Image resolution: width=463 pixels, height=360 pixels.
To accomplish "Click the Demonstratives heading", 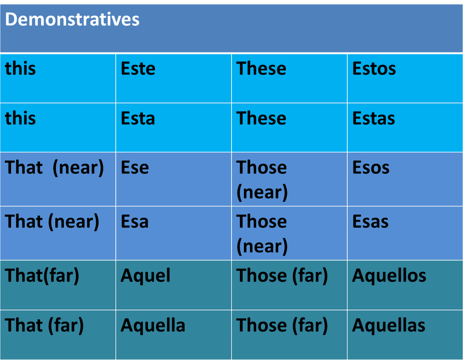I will pyautogui.click(x=72, y=19).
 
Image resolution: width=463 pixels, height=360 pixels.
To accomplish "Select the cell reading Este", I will pyautogui.click(x=138, y=69).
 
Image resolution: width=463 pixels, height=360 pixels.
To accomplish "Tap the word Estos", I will pyautogui.click(x=374, y=69).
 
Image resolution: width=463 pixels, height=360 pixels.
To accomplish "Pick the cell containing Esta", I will pyautogui.click(x=138, y=118).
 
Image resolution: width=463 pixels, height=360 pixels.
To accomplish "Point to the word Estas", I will pyautogui.click(x=373, y=118).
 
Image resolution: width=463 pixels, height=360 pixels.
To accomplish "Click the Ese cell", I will pyautogui.click(x=135, y=167).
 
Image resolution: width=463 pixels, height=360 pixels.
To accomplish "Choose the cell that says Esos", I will pyautogui.click(x=371, y=167).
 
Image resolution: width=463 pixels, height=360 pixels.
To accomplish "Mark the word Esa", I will pyautogui.click(x=134, y=221).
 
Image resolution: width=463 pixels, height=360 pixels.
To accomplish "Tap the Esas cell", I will pyautogui.click(x=370, y=221).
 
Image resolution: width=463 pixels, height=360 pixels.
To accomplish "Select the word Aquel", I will pyautogui.click(x=145, y=275).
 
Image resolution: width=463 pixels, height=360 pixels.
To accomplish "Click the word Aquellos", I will pyautogui.click(x=389, y=275).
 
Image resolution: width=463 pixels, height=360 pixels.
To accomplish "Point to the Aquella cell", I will pyautogui.click(x=153, y=325).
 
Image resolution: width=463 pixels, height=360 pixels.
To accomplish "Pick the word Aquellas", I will pyautogui.click(x=389, y=325).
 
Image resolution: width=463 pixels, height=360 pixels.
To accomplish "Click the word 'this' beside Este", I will pyautogui.click(x=20, y=69).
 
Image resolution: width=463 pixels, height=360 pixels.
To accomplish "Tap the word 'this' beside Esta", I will pyautogui.click(x=20, y=118).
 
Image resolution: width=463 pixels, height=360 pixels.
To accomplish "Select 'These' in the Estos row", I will pyautogui.click(x=261, y=69).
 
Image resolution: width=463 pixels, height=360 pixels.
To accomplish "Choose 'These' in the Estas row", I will pyautogui.click(x=261, y=118).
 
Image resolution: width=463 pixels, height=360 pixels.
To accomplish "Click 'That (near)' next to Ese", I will pyautogui.click(x=54, y=167).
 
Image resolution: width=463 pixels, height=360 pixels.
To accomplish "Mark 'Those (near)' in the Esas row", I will pyautogui.click(x=262, y=233).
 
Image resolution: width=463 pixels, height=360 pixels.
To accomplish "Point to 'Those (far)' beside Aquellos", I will pyautogui.click(x=282, y=275).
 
